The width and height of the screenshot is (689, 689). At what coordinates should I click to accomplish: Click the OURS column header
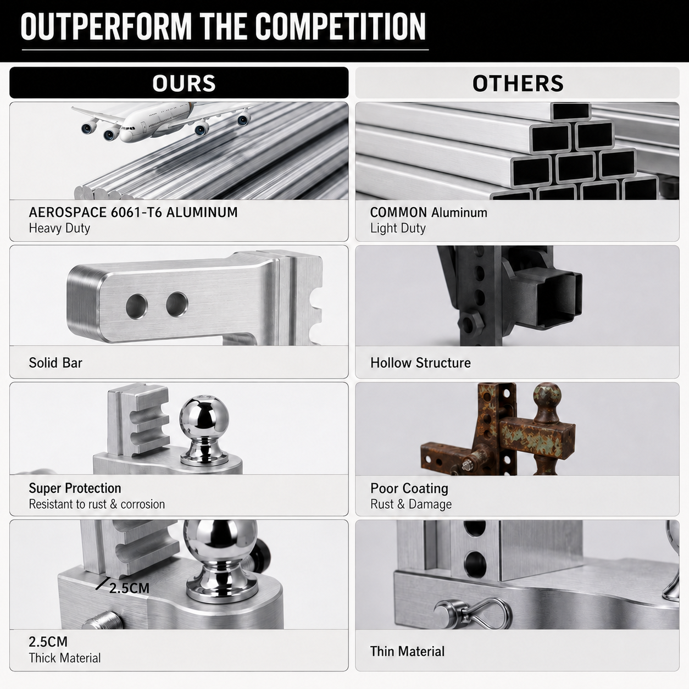click(184, 83)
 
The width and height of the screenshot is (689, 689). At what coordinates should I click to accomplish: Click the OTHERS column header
click(518, 83)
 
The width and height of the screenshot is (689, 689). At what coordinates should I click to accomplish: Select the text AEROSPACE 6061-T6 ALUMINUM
click(133, 213)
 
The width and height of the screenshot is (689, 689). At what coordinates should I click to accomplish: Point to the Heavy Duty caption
click(59, 228)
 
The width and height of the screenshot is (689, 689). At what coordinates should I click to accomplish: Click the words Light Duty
click(398, 228)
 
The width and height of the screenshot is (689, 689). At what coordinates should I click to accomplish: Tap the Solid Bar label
click(55, 363)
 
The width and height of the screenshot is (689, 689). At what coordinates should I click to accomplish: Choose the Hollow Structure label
click(420, 363)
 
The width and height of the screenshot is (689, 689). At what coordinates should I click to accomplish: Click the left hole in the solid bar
click(137, 307)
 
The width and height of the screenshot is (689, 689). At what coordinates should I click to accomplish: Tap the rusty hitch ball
click(546, 399)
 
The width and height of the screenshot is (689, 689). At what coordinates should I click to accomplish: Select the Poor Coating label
click(409, 488)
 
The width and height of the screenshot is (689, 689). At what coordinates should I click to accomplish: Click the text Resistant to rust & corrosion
click(97, 504)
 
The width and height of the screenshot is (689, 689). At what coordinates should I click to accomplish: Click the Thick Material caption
click(65, 658)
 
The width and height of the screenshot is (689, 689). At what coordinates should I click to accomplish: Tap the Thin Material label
click(407, 652)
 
